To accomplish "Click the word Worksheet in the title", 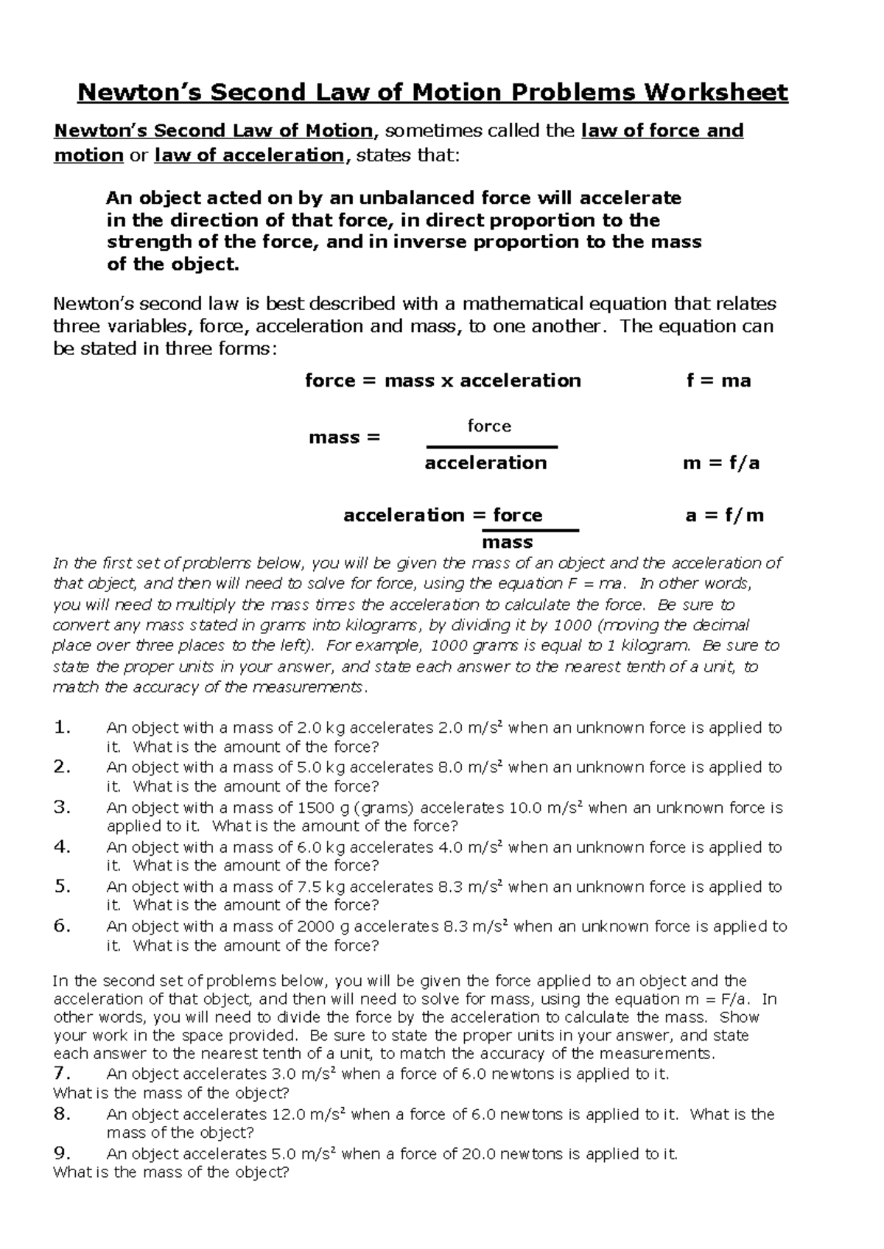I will (717, 93).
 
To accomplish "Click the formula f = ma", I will (718, 381).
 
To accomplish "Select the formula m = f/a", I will (721, 463).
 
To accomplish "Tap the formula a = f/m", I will (724, 516).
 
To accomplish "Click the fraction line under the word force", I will (492, 447).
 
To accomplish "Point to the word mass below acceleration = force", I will (507, 543).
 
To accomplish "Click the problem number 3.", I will (63, 807).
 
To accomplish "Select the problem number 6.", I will (63, 926).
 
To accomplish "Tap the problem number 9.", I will (63, 1153).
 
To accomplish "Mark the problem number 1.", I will (63, 728).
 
